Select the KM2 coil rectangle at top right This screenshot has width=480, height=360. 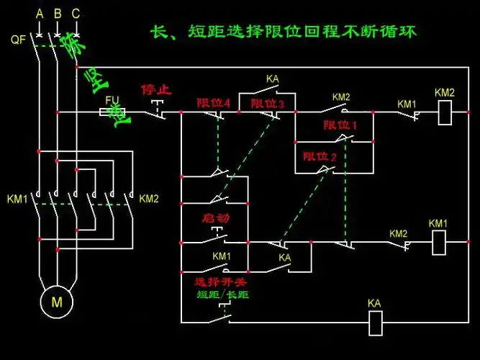point(445,111)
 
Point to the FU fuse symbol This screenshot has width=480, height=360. point(112,112)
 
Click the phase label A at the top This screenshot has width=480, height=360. point(40,14)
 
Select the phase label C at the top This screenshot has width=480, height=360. point(76,14)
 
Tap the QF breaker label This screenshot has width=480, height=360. point(19,40)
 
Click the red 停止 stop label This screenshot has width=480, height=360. point(156,91)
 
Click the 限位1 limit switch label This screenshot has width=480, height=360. point(340,125)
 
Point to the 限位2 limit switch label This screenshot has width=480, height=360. point(320,156)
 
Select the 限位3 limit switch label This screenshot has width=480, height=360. point(268,104)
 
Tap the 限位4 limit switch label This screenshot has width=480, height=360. point(214,104)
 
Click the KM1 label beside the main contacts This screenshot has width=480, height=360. point(17,199)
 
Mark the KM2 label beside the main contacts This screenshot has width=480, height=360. point(149,199)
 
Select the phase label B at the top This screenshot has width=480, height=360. point(58,14)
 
